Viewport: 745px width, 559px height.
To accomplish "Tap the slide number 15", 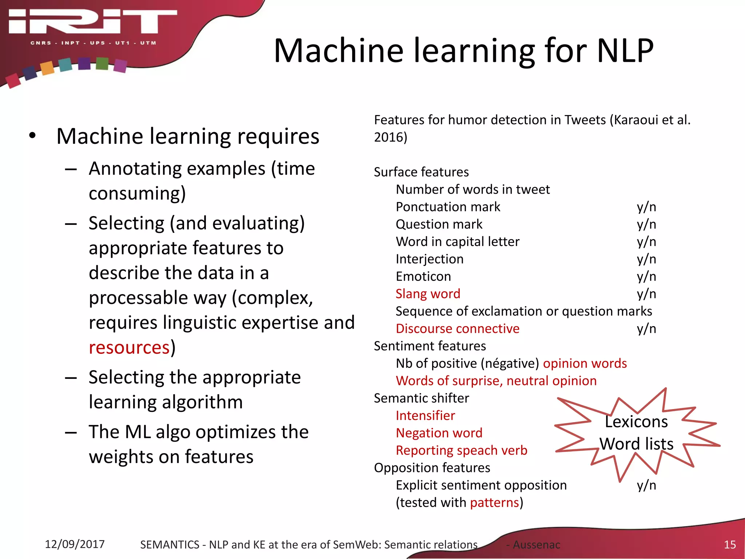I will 730,544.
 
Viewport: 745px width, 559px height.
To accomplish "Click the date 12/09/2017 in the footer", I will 75,544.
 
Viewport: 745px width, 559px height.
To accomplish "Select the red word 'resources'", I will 129,348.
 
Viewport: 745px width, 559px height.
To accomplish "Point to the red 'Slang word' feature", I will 428,294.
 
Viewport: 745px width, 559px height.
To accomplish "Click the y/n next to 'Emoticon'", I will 646,277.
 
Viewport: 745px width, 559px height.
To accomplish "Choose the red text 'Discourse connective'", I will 457,329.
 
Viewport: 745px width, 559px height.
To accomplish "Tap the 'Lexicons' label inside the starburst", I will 636,422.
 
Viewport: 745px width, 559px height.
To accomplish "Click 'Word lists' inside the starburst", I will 636,444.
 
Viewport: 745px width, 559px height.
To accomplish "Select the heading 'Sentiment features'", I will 430,346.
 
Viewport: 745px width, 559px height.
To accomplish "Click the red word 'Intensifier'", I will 425,416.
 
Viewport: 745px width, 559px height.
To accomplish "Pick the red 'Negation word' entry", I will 439,433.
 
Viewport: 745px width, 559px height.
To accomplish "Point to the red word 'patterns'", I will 494,503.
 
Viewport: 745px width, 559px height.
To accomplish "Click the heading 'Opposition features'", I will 432,468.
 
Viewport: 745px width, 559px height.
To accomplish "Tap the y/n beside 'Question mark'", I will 646,224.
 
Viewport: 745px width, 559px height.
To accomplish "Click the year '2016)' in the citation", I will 390,137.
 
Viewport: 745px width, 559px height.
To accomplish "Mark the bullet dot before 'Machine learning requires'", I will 33,135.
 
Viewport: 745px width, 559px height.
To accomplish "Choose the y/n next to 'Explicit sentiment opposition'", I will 646,485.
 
